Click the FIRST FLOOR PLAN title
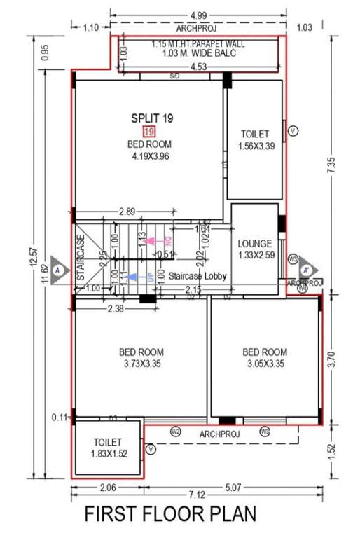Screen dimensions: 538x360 170,515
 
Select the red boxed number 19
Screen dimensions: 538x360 148,132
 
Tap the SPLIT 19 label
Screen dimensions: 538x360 149,119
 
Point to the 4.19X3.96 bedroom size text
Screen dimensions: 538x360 151,156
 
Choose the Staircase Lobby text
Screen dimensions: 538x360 198,277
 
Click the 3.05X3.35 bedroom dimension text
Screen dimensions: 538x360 265,364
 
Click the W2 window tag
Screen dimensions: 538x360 176,431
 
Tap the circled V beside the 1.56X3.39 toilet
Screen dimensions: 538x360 293,130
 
